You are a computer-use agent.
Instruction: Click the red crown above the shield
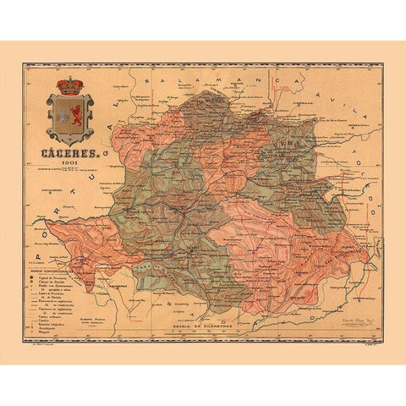tap(69, 85)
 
